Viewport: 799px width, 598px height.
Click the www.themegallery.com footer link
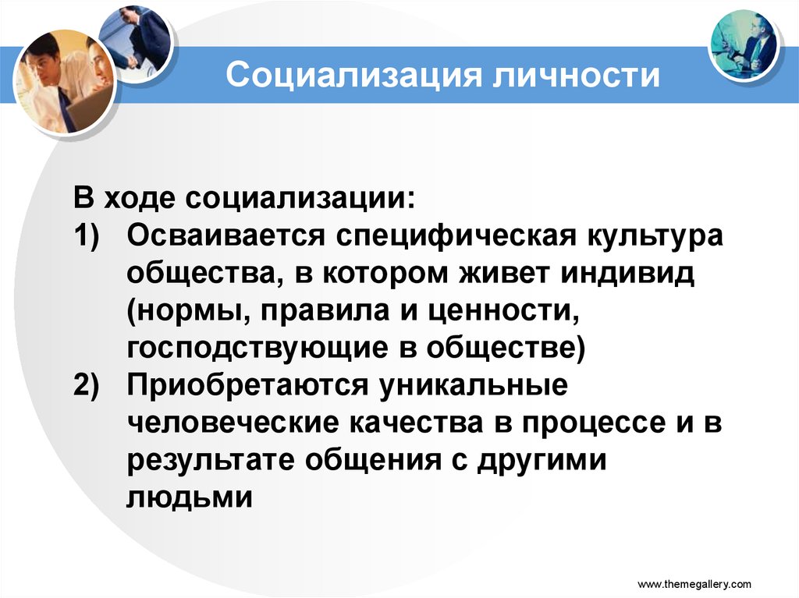point(694,583)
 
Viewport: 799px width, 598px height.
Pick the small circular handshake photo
point(139,41)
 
